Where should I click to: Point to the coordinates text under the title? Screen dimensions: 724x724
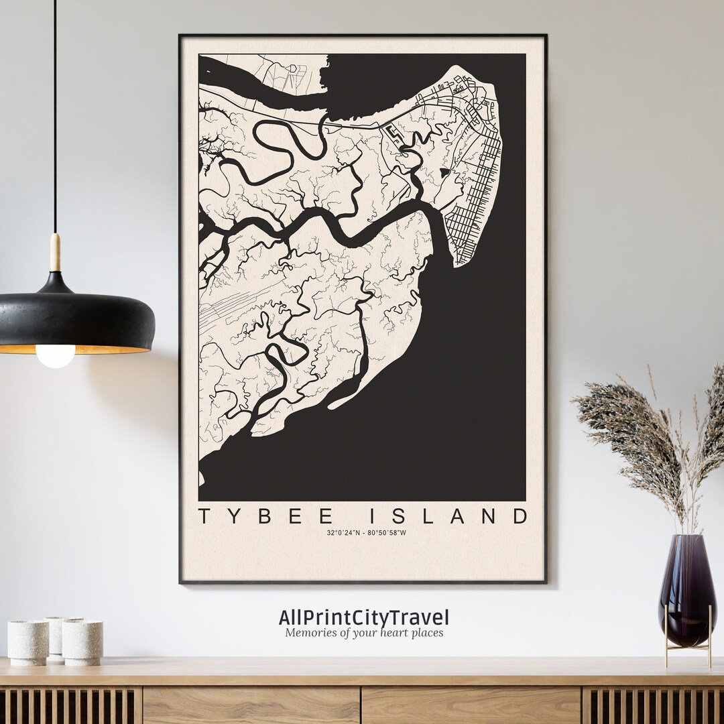click(x=366, y=533)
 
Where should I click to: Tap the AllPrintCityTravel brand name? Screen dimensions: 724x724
click(x=364, y=617)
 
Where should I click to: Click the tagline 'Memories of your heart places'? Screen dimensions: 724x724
click(x=364, y=632)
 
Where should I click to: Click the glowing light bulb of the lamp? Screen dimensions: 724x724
click(x=56, y=356)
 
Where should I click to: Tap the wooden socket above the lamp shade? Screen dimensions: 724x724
click(x=55, y=252)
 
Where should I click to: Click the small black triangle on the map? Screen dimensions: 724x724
click(x=444, y=172)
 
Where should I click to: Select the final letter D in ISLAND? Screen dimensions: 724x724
click(x=518, y=516)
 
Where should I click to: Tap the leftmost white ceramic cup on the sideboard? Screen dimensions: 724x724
click(x=28, y=642)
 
